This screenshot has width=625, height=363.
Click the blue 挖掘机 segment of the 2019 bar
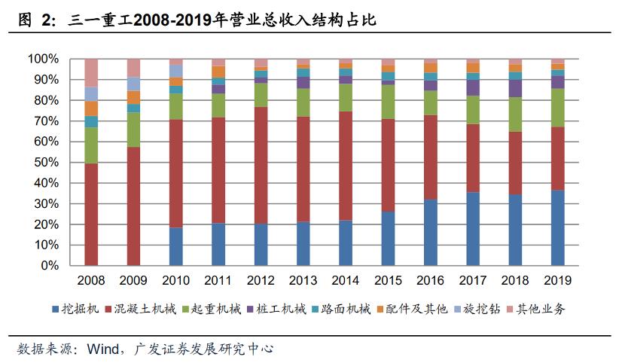pyautogui.click(x=557, y=227)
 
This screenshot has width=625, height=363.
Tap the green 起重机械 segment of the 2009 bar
pyautogui.click(x=133, y=130)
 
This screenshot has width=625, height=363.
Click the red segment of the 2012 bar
pyautogui.click(x=261, y=165)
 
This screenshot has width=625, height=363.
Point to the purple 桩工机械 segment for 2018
pyautogui.click(x=515, y=88)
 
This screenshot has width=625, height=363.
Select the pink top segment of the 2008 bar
pyautogui.click(x=91, y=72)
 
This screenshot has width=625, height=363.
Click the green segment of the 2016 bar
pyautogui.click(x=430, y=102)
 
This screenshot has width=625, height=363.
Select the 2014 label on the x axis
pyautogui.click(x=346, y=280)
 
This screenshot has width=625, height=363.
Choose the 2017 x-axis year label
pyautogui.click(x=473, y=280)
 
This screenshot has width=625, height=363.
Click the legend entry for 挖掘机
pyautogui.click(x=83, y=309)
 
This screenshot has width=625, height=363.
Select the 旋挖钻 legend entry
pyautogui.click(x=474, y=309)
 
